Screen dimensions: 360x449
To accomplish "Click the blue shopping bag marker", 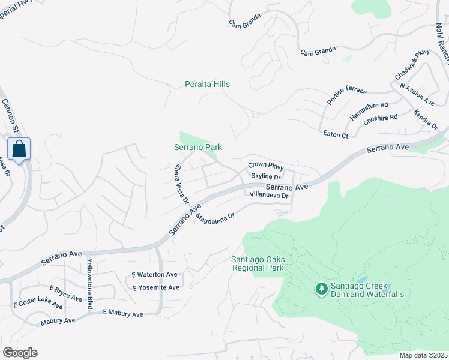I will [19, 149].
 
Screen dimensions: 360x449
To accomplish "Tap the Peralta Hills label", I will [207, 85].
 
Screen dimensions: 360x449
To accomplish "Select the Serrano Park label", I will [199, 147].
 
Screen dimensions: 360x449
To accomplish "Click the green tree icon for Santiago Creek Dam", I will [322, 290].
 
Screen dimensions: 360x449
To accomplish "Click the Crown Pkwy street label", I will [265, 166].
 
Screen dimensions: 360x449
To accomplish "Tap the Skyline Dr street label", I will [266, 176].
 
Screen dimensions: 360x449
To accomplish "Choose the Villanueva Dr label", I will [269, 196].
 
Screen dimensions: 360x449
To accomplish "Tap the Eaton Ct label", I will [336, 136].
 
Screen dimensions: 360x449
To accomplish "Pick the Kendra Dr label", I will [426, 119].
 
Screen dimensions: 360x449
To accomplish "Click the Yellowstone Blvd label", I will [90, 284].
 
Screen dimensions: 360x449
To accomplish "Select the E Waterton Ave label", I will [155, 275].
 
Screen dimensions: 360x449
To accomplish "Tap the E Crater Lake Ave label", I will [38, 302].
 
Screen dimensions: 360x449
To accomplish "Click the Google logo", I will [20, 353].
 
